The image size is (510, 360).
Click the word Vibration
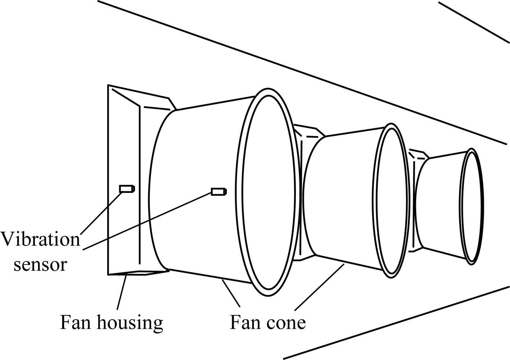coord(40,239)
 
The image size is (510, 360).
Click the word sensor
coord(40,265)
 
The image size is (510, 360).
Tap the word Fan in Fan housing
coord(74,322)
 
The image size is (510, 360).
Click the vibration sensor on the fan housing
coord(127,189)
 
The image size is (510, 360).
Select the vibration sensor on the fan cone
coord(218,192)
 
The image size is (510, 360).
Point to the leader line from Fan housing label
coord(122,292)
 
